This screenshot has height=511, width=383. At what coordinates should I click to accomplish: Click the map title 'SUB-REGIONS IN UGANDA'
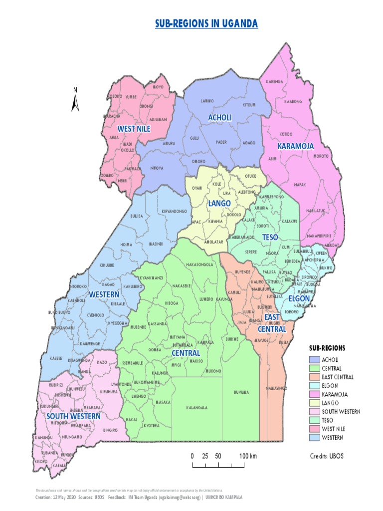(206, 23)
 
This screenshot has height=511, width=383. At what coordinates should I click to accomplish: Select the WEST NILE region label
(134, 129)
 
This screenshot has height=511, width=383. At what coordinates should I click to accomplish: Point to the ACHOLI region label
(220, 117)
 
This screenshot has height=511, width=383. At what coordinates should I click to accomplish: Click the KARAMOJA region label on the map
(295, 146)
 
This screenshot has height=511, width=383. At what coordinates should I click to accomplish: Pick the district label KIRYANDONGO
(174, 212)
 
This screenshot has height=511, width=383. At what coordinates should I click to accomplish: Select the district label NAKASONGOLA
(200, 264)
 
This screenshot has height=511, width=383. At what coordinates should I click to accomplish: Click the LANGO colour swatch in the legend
(314, 403)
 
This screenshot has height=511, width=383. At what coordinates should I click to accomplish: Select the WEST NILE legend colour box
(314, 429)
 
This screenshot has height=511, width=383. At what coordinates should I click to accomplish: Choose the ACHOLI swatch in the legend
(314, 360)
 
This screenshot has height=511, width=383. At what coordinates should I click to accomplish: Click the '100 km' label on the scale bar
(248, 456)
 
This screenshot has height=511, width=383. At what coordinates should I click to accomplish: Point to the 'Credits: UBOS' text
(327, 456)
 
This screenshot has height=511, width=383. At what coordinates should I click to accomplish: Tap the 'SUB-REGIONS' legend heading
(327, 347)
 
